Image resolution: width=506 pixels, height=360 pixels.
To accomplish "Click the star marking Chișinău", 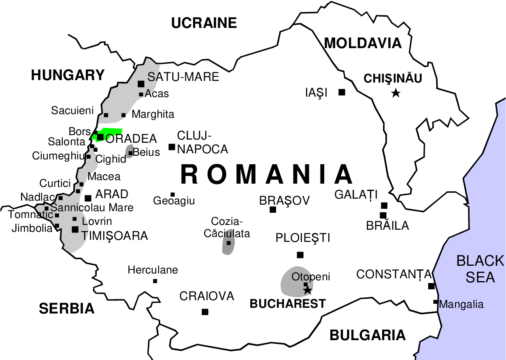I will (396, 93).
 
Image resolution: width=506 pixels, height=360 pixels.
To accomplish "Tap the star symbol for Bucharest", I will (308, 290).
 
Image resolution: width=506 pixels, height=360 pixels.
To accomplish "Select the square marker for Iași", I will (342, 92).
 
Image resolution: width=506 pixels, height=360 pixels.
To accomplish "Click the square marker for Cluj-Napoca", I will (172, 147).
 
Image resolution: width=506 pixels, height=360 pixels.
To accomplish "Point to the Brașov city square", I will (273, 210).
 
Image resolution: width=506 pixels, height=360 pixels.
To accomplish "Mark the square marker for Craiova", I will (205, 312).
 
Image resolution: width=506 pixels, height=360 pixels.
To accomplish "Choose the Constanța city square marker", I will (432, 286).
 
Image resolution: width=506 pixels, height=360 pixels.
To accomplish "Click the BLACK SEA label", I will (480, 269).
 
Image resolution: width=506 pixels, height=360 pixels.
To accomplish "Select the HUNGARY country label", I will (68, 75).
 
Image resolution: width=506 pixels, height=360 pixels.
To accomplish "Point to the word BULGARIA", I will (367, 335).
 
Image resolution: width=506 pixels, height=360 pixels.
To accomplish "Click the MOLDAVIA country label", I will (363, 43).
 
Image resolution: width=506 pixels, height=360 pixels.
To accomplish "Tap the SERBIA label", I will (67, 309).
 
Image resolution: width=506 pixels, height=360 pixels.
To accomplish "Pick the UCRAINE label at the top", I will (204, 23).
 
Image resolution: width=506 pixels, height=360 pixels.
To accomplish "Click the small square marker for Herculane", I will (155, 281).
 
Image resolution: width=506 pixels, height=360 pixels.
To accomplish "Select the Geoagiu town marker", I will (172, 195).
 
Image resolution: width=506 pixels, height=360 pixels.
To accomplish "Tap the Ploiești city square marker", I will (300, 255).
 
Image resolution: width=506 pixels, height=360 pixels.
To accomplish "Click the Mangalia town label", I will (461, 304).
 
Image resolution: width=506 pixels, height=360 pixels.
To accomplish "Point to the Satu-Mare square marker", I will (141, 84).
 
